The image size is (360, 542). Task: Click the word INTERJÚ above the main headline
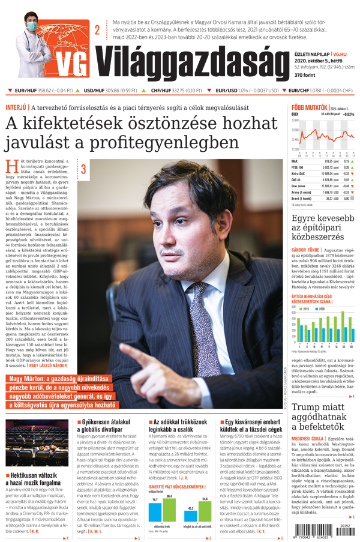tap(16, 107)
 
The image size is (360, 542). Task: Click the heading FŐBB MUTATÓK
tap(305, 107)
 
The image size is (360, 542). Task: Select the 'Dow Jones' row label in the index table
tap(300, 186)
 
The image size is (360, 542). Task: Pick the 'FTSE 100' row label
tap(299, 167)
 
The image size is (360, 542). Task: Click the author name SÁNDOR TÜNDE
tap(305, 247)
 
